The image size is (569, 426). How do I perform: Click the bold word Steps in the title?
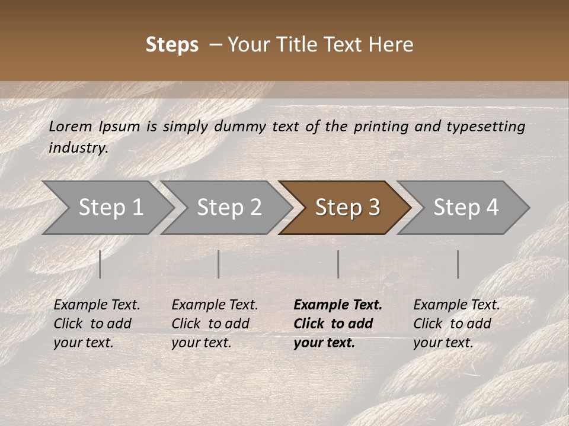[x=172, y=45]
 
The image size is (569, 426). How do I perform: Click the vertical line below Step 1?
[x=100, y=264]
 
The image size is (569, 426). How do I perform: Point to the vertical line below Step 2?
[x=219, y=264]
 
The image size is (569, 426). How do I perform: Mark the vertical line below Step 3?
[x=338, y=264]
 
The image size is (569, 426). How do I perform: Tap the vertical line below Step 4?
[x=458, y=264]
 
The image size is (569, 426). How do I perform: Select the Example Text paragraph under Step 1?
[x=97, y=323]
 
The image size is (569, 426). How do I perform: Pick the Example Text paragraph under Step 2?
[x=215, y=323]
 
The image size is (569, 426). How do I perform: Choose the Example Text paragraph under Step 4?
[x=456, y=323]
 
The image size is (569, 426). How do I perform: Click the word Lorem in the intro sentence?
[x=71, y=126]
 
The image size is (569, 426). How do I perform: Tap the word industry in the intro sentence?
[x=78, y=147]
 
